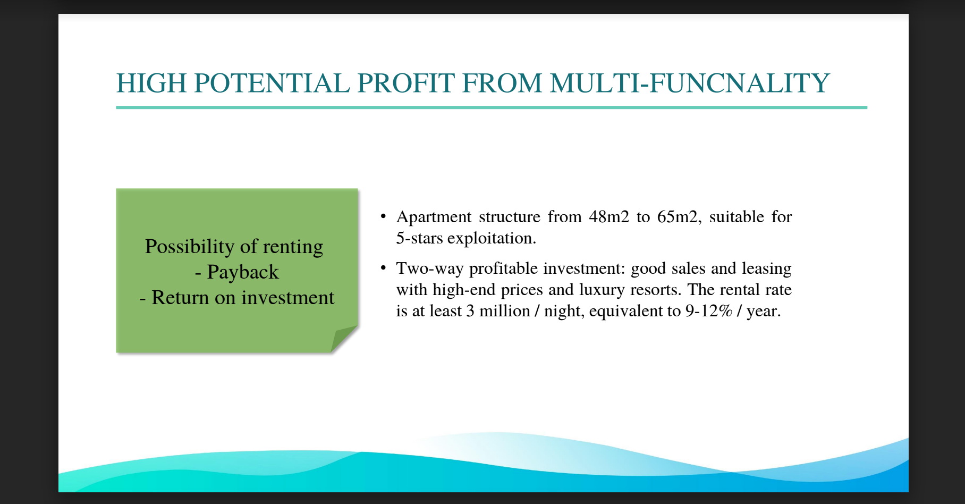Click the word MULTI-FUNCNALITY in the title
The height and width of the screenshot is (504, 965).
point(690,83)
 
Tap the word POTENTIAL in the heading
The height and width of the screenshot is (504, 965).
point(272,83)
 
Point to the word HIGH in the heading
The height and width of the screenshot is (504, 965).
point(151,83)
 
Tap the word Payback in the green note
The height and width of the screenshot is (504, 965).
point(243,272)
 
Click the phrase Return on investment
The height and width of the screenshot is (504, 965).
point(243,298)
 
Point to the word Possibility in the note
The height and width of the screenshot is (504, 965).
point(190,247)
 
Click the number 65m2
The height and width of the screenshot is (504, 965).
point(678,217)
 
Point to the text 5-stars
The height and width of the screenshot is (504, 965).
point(419,238)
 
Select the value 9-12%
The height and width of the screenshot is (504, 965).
point(709,310)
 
